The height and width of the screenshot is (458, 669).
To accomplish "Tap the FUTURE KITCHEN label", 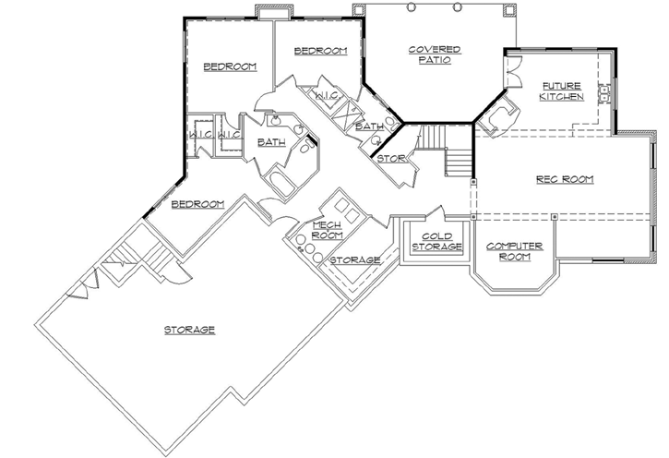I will coord(561,90).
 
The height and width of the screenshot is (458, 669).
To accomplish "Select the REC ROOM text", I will coord(564,179).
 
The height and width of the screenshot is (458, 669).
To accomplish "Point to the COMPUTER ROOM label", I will coord(513,250).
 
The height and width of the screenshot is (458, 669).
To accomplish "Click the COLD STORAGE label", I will coord(429,242).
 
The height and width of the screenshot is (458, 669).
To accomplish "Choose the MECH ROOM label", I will coord(328,230).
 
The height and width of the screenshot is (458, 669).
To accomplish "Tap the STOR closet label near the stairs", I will coord(388,158).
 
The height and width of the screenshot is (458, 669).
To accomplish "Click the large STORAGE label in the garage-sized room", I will coord(189,330).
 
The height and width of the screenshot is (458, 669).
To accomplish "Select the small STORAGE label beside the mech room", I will coord(355,260).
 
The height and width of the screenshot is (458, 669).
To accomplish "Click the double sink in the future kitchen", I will coord(605,92).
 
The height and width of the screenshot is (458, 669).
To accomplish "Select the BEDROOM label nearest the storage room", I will coord(197,204).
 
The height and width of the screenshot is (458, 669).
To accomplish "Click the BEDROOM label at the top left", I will coord(230,66).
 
